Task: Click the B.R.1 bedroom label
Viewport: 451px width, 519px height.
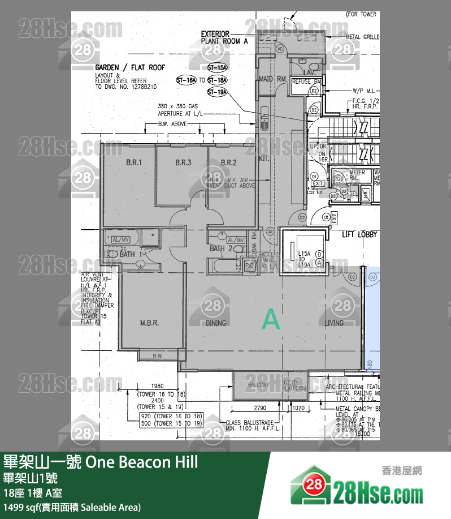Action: coord(133,162)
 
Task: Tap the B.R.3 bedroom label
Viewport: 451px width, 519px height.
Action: coord(183,162)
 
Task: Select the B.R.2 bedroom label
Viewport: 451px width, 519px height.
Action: coord(229,162)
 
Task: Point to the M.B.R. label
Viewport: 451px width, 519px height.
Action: coord(149,323)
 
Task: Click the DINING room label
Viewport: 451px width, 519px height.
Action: coord(216,323)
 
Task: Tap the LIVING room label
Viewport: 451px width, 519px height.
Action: coord(335,323)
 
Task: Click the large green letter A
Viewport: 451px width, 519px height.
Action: coord(271,320)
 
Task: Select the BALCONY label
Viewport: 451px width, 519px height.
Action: coord(259,385)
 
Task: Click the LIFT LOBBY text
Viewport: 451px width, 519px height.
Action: coord(360,234)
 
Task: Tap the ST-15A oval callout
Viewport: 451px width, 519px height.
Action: coord(217,68)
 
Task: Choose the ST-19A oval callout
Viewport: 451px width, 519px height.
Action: coord(217,92)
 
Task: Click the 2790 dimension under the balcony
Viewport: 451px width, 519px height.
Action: coord(259,407)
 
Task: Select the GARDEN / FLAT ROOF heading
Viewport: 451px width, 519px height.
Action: coord(130,67)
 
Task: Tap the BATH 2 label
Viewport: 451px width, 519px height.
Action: coord(218,248)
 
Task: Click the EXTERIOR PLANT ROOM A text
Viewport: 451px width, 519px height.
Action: coord(224,38)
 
